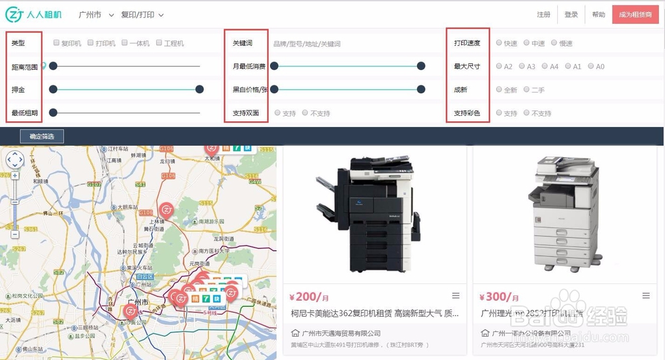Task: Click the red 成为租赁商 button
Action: point(635,15)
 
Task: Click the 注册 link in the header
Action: point(543,15)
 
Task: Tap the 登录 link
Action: point(571,15)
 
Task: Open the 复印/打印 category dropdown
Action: point(142,15)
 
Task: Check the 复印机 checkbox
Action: point(57,43)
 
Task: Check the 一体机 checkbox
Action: point(124,43)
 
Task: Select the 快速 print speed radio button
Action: point(499,43)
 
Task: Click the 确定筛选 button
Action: point(42,136)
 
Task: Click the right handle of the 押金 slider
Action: point(199,90)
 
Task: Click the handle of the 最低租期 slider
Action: point(53,113)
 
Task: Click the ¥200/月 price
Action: point(309,297)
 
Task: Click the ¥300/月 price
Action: point(498,297)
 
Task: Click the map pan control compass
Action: point(15,160)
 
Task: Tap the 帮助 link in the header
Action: point(598,15)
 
